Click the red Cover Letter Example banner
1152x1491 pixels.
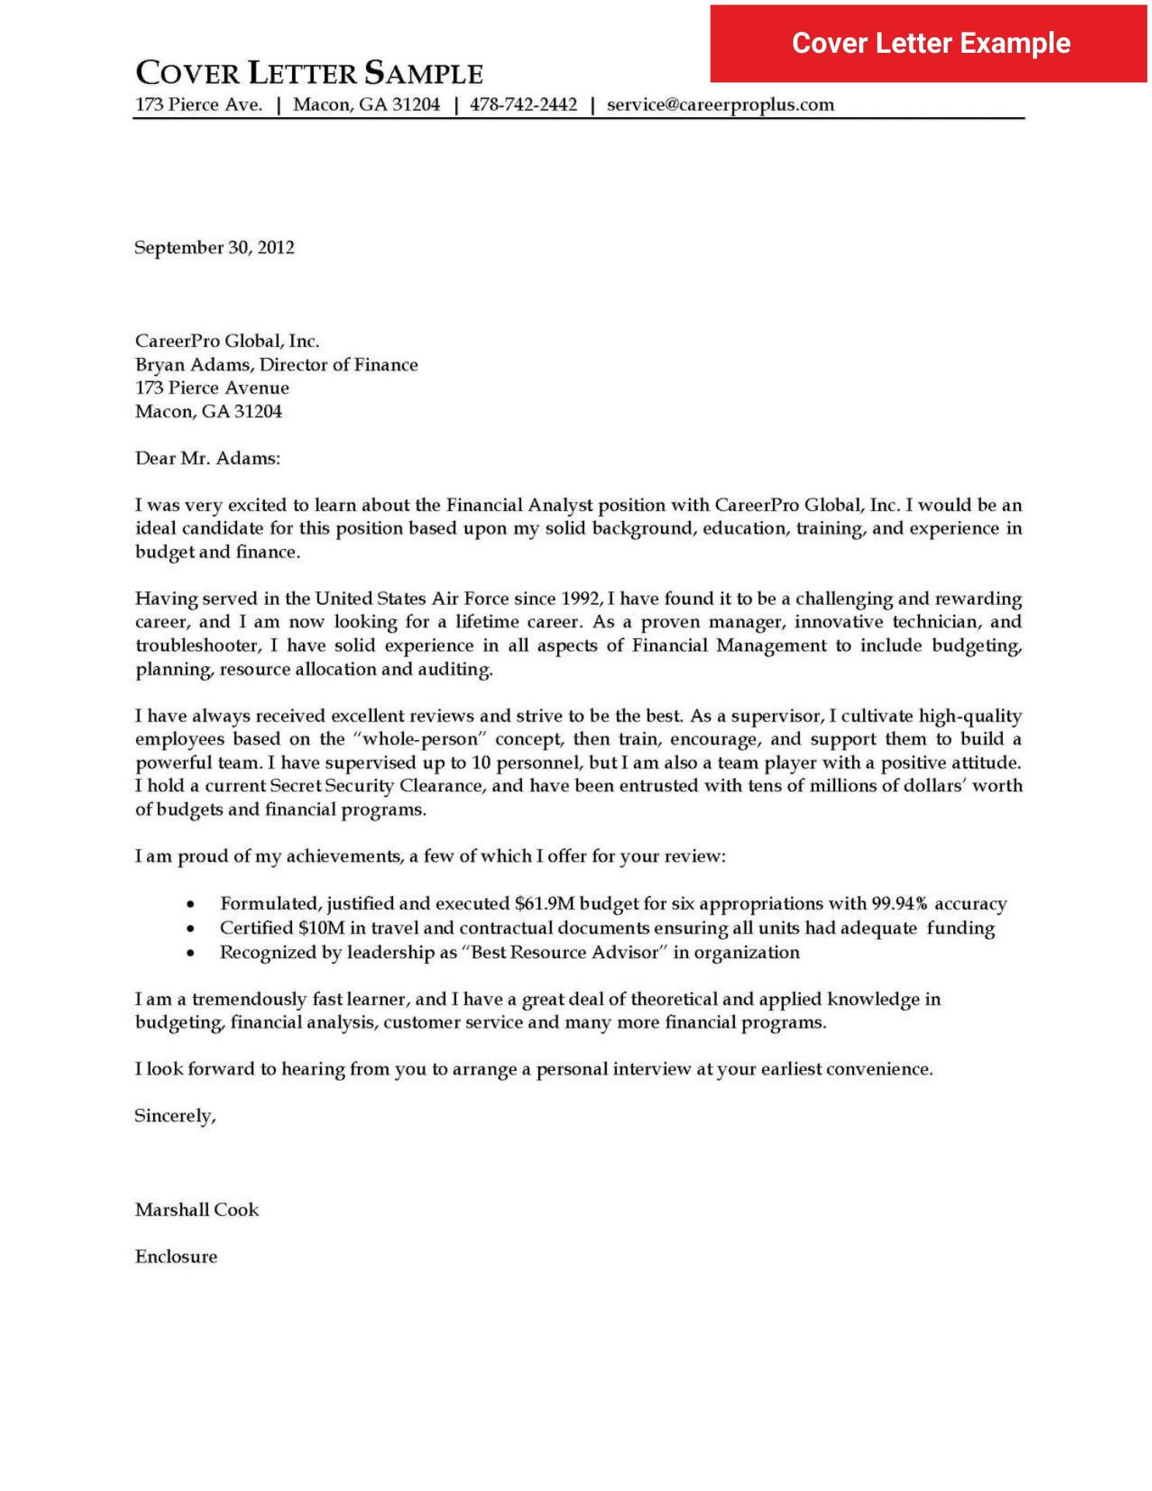coord(929,43)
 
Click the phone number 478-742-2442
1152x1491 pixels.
coord(524,105)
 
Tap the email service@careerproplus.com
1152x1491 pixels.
coord(720,105)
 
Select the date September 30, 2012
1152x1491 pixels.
coord(214,248)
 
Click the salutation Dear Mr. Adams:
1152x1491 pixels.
coord(207,458)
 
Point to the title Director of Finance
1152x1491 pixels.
coord(339,365)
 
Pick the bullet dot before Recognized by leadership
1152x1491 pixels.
coord(190,954)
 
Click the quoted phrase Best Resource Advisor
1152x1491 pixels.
coord(565,953)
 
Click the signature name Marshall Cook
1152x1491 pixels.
coord(197,1210)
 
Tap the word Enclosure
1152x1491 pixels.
coord(176,1257)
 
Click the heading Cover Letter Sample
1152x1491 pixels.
coord(309,74)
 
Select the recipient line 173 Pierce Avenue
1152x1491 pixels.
coord(212,388)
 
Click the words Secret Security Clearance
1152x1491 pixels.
coord(378,786)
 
